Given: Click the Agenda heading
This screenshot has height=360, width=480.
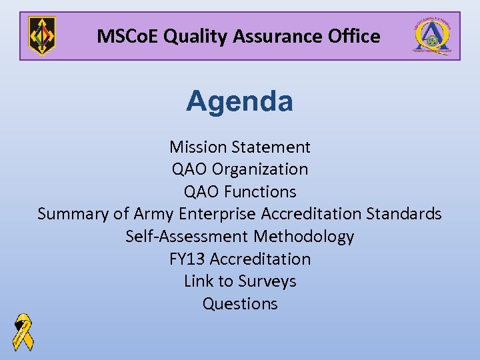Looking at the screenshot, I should (x=239, y=102).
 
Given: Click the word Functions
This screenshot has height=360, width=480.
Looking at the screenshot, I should (x=260, y=192).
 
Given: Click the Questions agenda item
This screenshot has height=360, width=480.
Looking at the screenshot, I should (x=240, y=304).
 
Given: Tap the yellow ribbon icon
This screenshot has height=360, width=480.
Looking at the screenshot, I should (x=23, y=331).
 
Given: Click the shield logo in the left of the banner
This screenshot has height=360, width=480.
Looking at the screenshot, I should (x=42, y=36).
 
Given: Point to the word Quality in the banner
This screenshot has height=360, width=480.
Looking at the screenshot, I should (x=192, y=36).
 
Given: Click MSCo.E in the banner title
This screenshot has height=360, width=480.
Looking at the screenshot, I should (x=127, y=36).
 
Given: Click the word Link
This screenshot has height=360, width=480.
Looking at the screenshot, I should (x=198, y=281).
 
